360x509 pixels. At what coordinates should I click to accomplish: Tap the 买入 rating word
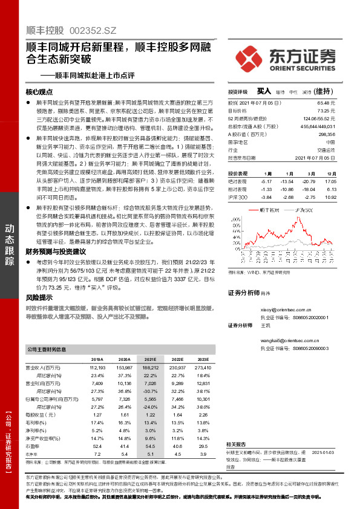coord(263,90)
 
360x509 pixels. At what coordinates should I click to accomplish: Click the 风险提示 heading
coord(38,297)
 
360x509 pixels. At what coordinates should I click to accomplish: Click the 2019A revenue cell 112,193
coord(97,367)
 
